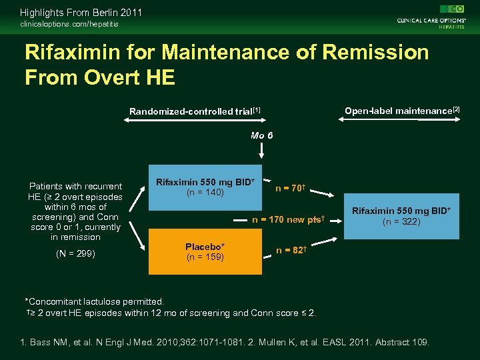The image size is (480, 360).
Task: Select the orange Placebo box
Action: tap(205, 251)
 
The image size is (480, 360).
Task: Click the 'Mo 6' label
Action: tap(261, 135)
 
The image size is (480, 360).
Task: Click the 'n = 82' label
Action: tap(290, 250)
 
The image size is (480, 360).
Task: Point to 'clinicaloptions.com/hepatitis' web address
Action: tap(69, 24)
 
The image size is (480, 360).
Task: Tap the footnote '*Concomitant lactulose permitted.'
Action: tap(94, 302)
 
